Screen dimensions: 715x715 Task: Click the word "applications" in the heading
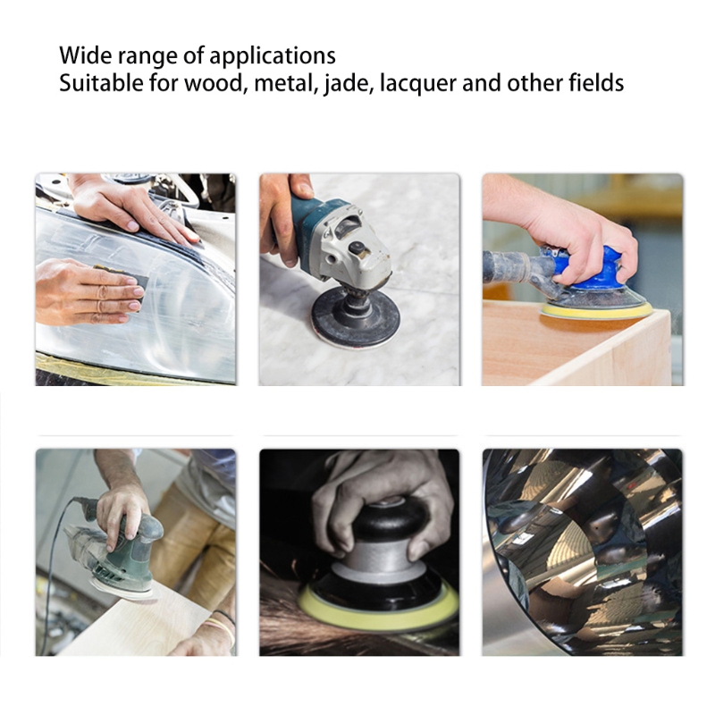(273, 56)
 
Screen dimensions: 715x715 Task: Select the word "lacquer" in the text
(417, 84)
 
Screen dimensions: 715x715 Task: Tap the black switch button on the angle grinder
(356, 248)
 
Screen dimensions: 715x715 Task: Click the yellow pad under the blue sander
(596, 311)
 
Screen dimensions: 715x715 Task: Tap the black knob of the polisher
(389, 521)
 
